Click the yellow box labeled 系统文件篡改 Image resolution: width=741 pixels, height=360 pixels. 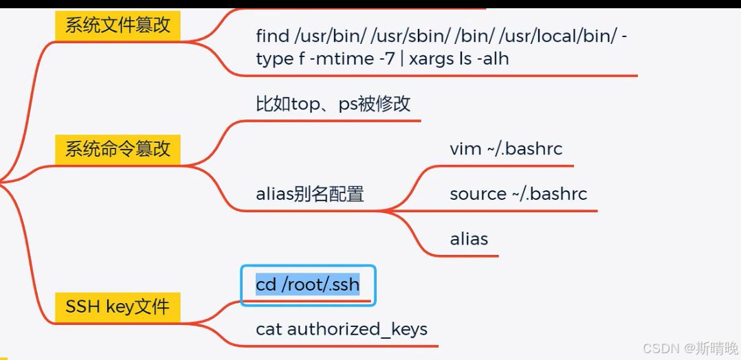point(117,26)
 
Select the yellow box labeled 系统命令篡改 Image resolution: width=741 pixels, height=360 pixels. point(117,149)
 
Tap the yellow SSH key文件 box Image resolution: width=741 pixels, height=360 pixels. point(117,306)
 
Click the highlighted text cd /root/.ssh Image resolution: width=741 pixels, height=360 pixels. point(307,284)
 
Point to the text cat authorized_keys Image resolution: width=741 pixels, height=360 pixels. point(342,329)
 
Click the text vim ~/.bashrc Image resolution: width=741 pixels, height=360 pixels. point(506,148)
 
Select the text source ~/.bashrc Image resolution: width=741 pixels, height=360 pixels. point(518,194)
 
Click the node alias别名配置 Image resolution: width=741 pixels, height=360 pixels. point(309,194)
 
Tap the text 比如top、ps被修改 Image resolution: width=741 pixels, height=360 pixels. point(333,104)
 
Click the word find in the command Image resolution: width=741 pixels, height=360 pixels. point(271,36)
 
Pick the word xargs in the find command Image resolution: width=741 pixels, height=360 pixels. point(432,59)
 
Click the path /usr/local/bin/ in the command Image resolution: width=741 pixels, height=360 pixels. point(558,36)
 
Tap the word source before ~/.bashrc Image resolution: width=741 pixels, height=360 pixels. point(478,194)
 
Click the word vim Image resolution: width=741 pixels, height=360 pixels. point(465,148)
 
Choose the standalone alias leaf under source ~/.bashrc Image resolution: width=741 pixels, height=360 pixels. point(469,239)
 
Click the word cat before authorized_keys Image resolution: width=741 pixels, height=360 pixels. point(269,329)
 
